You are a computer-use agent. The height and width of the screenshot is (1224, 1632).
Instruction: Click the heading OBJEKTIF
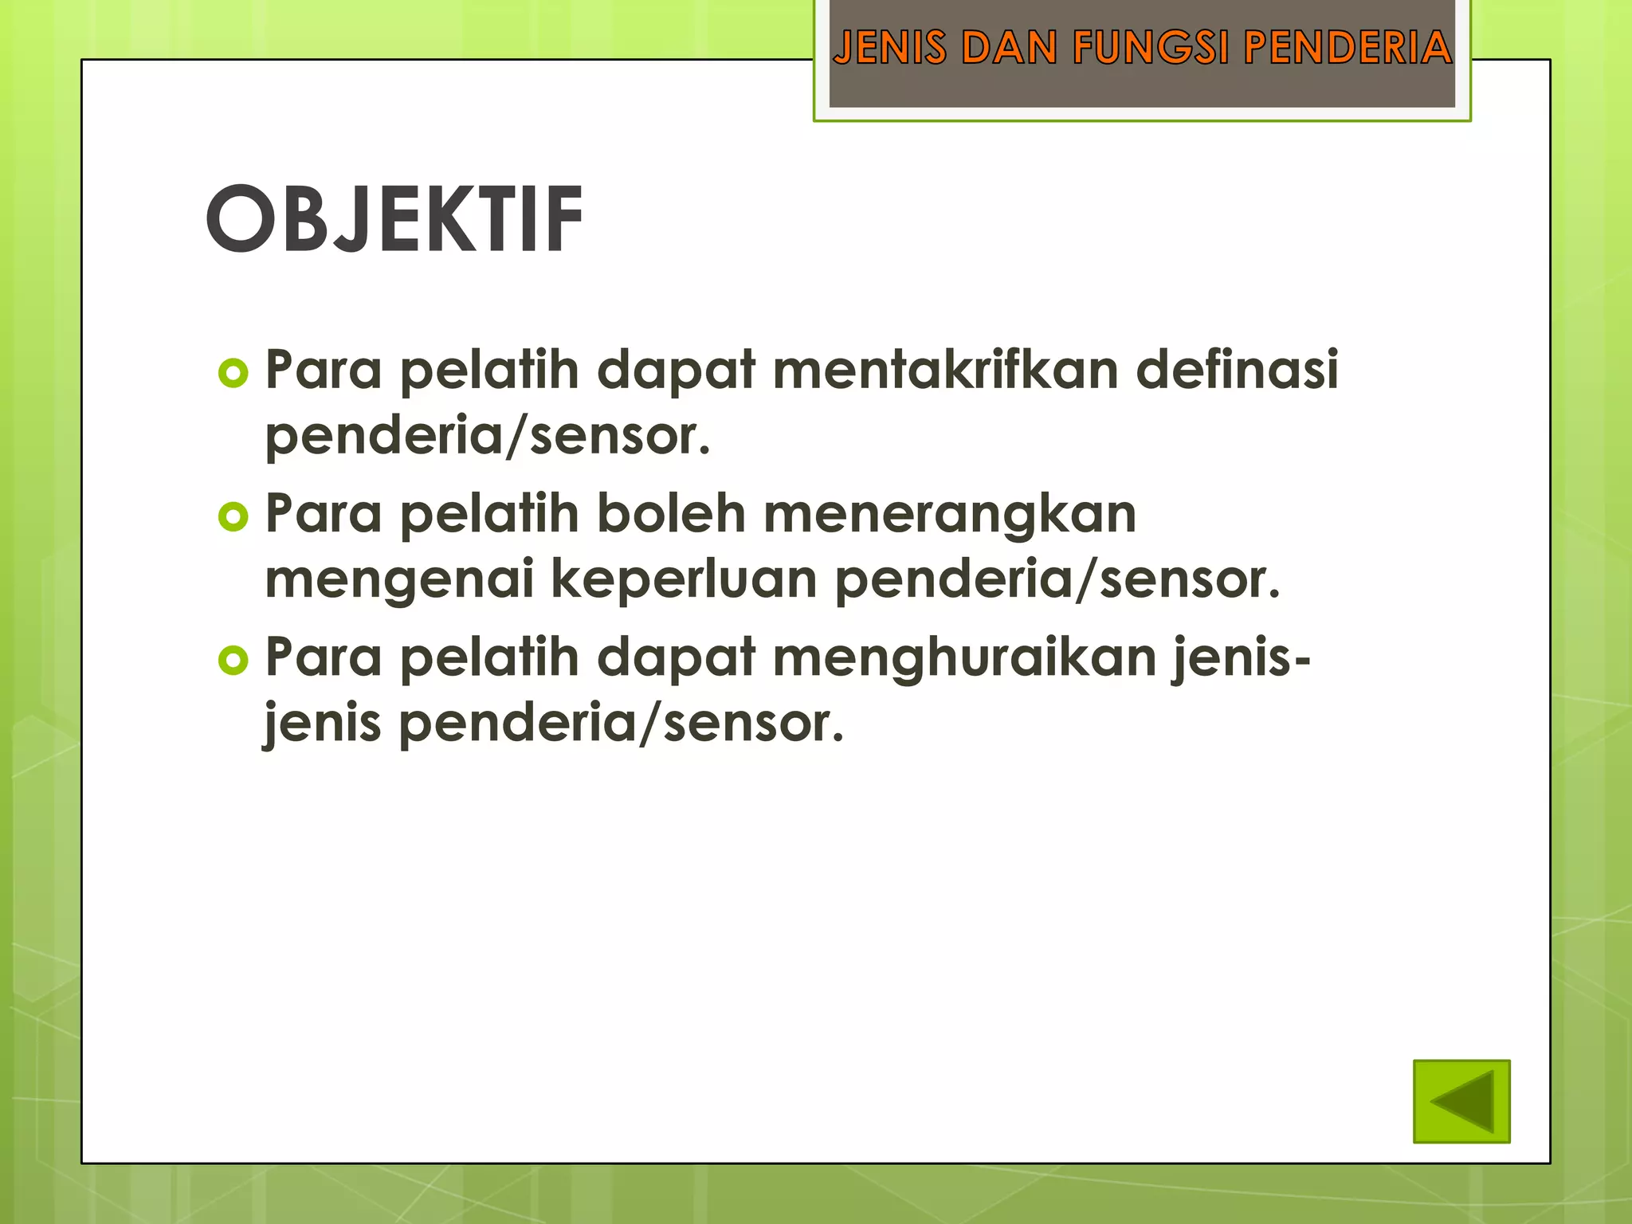coord(394,219)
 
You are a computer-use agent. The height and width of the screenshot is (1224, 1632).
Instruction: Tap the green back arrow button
coord(1461,1101)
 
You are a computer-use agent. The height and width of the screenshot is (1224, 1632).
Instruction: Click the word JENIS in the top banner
coord(889,47)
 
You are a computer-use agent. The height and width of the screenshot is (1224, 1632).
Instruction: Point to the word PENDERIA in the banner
coord(1348,47)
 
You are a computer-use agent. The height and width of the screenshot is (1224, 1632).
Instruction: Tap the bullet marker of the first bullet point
coord(233,373)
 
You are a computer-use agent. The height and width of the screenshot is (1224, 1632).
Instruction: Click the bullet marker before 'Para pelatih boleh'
coord(233,517)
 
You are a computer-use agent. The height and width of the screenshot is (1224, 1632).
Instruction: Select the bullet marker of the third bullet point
coord(233,661)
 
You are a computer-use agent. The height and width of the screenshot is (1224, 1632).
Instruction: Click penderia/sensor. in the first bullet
coord(487,437)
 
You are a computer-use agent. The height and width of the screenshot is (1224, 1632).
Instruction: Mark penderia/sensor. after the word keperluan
coord(1057,580)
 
